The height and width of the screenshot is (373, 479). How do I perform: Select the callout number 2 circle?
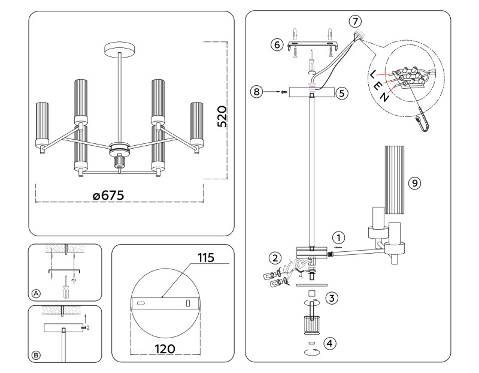275,258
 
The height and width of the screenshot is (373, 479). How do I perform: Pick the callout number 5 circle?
341,93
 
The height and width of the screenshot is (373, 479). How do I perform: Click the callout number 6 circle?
276,45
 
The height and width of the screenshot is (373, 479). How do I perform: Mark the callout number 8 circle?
257,92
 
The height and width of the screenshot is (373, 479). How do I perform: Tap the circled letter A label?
36,293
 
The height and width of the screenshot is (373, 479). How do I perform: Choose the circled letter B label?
36,356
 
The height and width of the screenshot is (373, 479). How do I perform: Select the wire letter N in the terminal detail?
386,98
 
